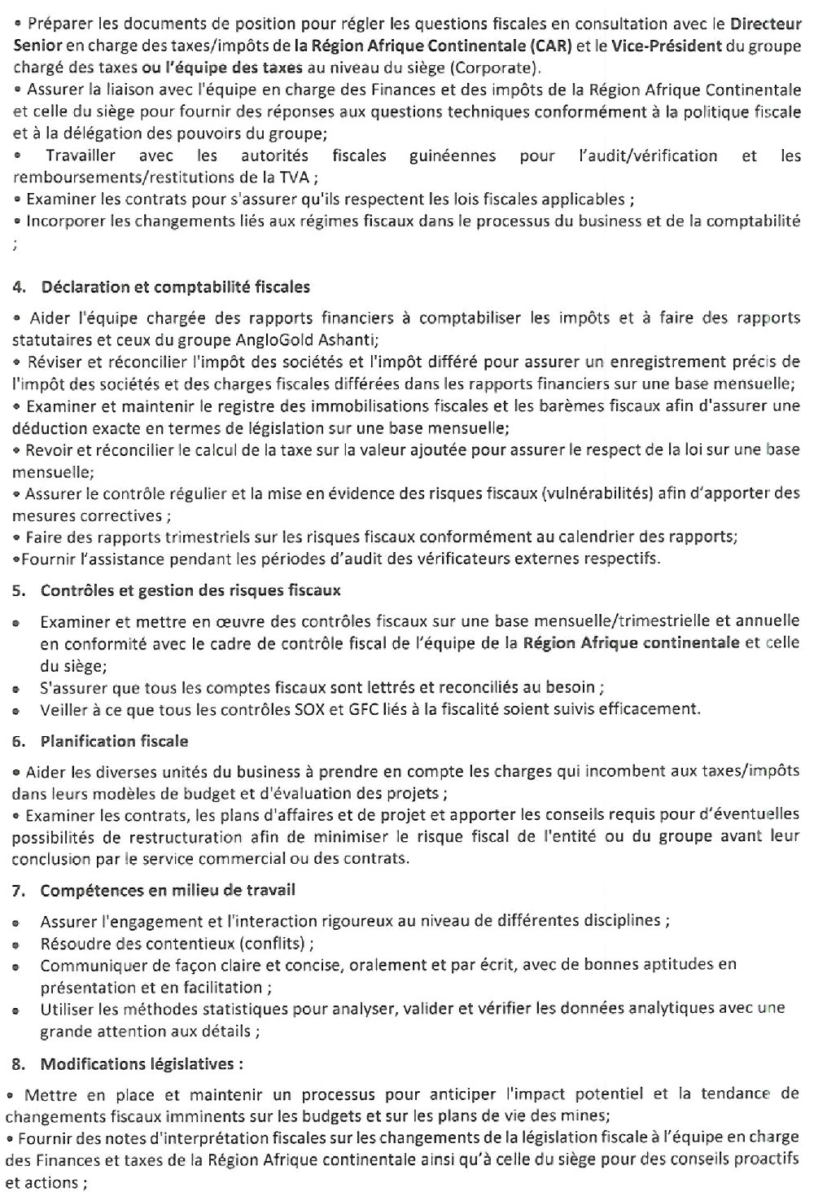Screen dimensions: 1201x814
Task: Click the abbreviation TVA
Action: point(287,177)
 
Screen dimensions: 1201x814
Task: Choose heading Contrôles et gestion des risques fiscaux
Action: point(190,590)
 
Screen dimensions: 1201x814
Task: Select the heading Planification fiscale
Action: point(114,742)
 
